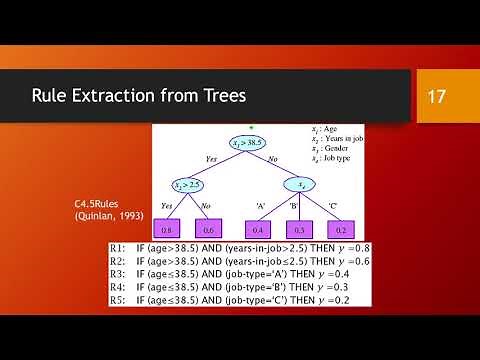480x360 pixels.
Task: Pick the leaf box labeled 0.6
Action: point(209,228)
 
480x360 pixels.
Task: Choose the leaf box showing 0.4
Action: point(257,228)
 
